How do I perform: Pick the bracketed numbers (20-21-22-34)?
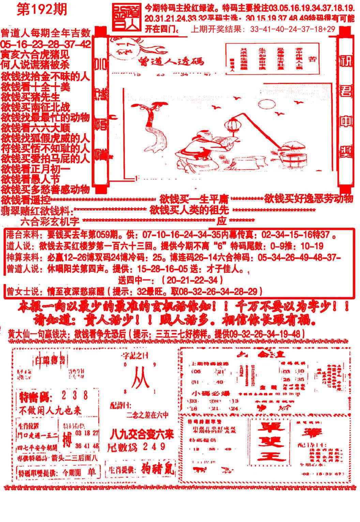tap(192, 280)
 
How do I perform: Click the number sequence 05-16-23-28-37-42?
tap(46, 44)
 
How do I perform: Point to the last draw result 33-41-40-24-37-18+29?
tap(292, 30)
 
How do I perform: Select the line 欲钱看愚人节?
tap(31, 179)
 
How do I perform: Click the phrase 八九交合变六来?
tap(141, 435)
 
